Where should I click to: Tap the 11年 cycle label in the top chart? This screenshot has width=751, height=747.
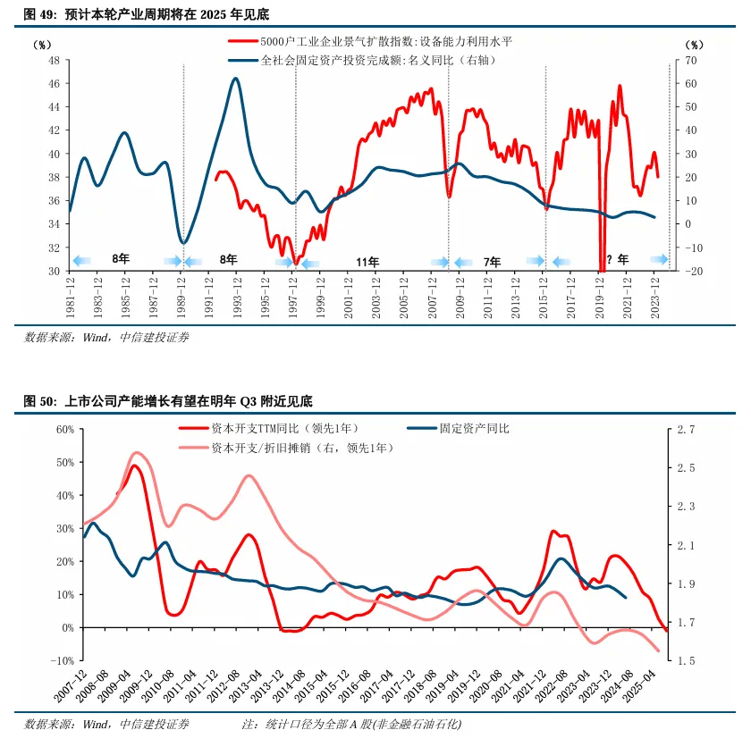click(367, 262)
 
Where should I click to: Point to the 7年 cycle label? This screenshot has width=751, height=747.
click(492, 262)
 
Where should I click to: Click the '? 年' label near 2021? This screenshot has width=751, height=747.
click(617, 260)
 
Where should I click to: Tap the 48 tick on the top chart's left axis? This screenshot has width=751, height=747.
click(53, 60)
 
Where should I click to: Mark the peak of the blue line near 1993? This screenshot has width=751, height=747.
click(235, 79)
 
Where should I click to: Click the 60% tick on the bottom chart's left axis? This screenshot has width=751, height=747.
click(64, 429)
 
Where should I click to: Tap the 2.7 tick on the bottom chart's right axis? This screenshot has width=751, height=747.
click(686, 430)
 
